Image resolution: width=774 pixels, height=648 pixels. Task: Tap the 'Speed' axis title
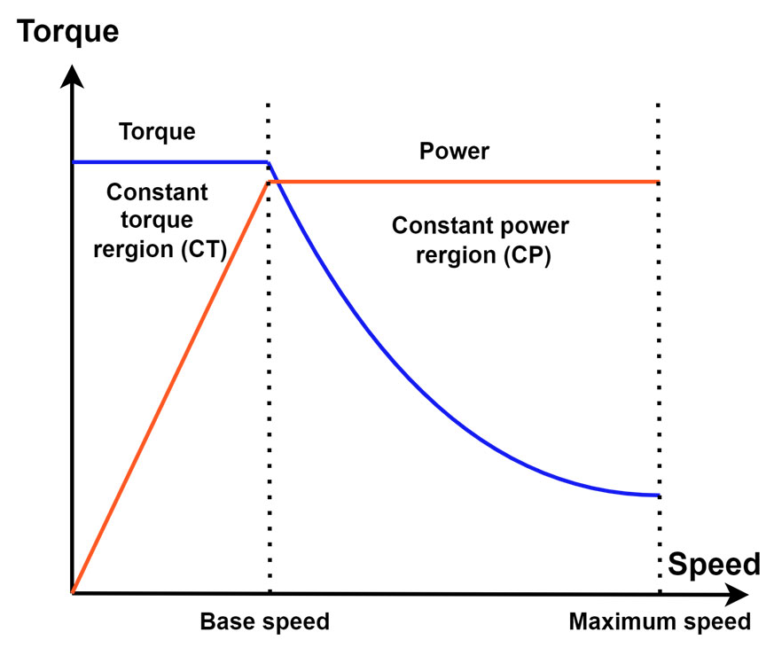pos(714,564)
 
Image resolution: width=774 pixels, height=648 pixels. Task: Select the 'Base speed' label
pos(264,621)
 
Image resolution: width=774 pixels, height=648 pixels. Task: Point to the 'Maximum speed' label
pos(660,621)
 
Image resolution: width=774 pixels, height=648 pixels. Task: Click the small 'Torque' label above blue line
pos(157,132)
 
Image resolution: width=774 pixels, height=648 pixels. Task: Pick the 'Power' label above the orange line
pos(454,152)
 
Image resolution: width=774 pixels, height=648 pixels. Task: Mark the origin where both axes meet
pos(73,592)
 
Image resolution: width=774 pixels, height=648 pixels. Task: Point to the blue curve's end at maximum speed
pos(659,495)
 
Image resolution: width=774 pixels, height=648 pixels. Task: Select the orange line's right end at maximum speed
pos(659,182)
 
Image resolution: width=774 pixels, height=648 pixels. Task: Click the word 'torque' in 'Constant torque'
pos(157,221)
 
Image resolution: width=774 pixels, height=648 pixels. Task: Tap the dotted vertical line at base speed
pos(269,399)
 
